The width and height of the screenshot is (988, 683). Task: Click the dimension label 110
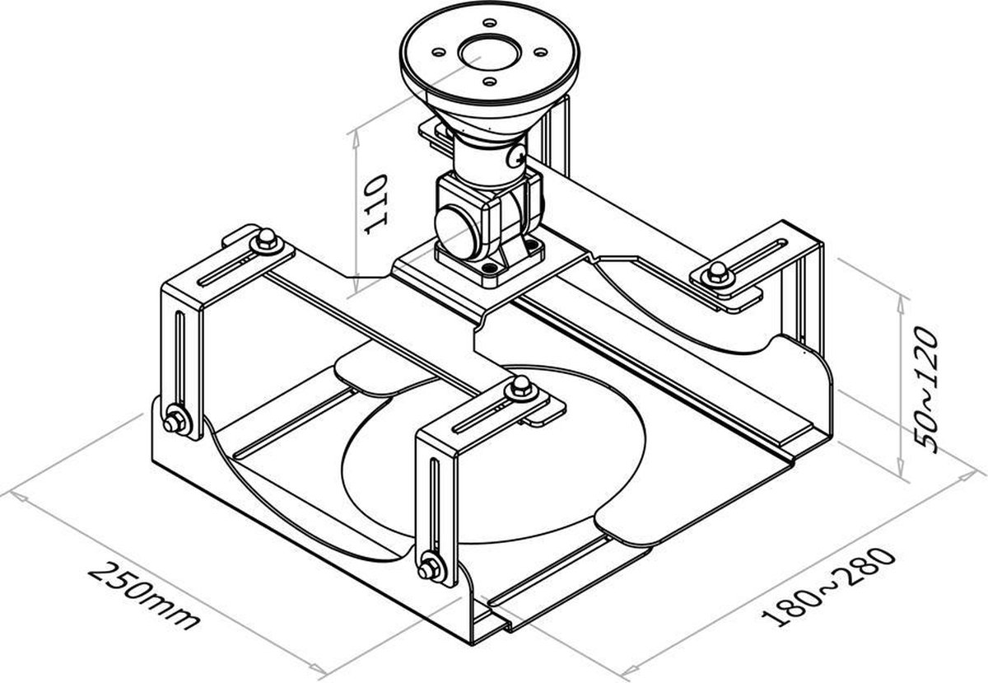[x=375, y=204]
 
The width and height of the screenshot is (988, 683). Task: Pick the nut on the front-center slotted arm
[x=520, y=386]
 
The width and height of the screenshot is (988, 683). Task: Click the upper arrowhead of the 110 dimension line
[x=356, y=136]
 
